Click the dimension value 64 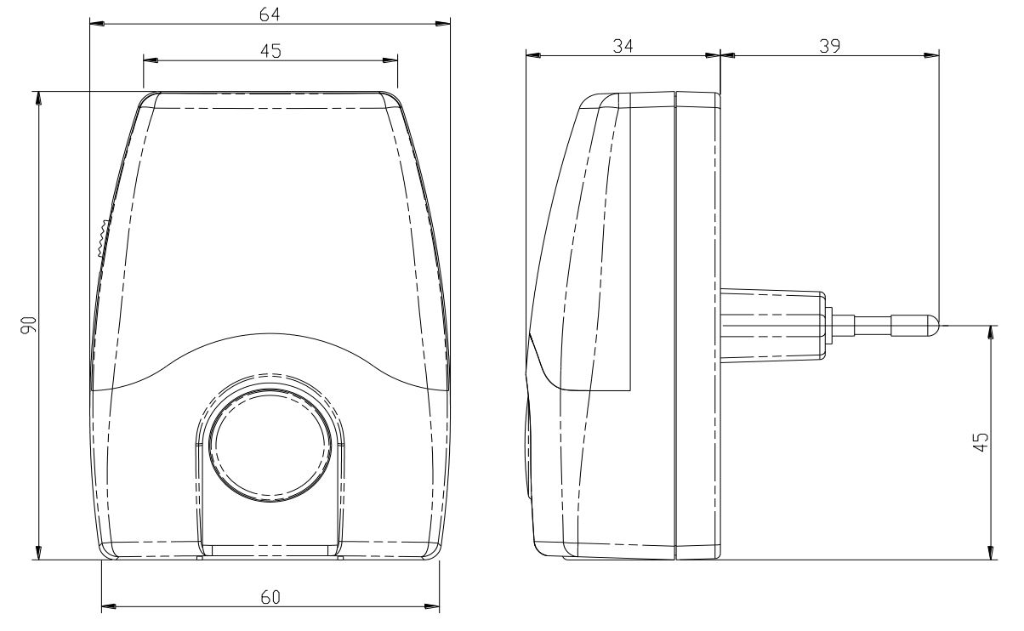click(x=270, y=14)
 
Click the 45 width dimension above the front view click(x=270, y=51)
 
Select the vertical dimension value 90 click(x=28, y=325)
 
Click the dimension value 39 click(x=829, y=47)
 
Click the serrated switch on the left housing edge click(x=103, y=239)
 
